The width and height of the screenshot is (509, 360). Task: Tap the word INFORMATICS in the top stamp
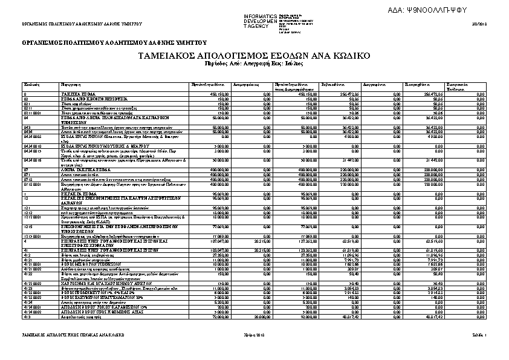pyautogui.click(x=260, y=15)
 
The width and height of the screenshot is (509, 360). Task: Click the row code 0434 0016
pyautogui.click(x=33, y=160)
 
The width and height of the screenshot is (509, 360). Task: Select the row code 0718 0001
pyautogui.click(x=33, y=183)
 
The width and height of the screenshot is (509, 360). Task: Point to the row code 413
pyautogui.click(x=27, y=316)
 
